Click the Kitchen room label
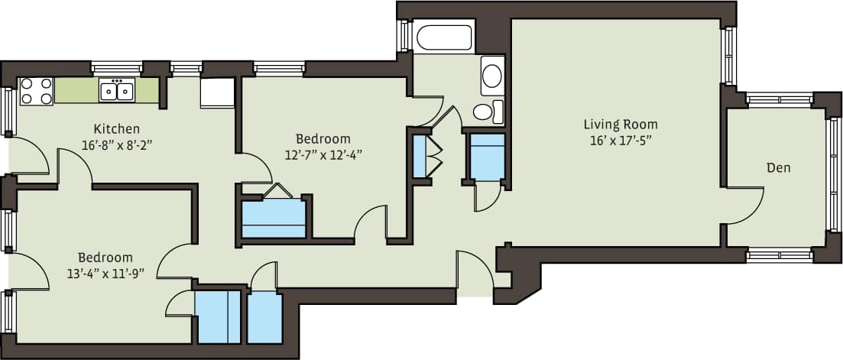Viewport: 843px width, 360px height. (x=116, y=128)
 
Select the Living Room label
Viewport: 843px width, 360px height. (x=620, y=124)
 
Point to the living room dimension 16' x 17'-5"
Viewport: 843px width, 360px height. (x=620, y=140)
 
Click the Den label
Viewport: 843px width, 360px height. (x=779, y=167)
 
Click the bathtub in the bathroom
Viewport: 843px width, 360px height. (x=444, y=37)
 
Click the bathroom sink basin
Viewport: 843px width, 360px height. (x=493, y=76)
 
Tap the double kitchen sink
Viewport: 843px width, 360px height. (x=117, y=92)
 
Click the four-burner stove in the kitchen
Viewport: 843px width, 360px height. (x=36, y=91)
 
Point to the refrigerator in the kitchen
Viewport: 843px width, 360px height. (x=217, y=92)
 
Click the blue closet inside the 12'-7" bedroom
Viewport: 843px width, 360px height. (x=274, y=219)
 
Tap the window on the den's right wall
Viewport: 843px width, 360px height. (x=833, y=174)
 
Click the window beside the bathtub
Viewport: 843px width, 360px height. (x=404, y=36)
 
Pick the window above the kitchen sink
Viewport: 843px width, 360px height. (x=117, y=67)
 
